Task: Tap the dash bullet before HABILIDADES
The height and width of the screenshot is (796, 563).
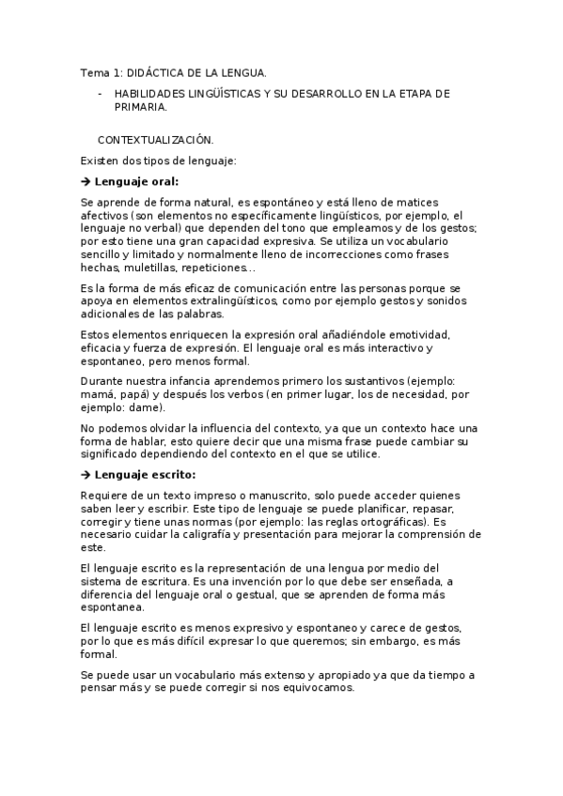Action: (x=100, y=95)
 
